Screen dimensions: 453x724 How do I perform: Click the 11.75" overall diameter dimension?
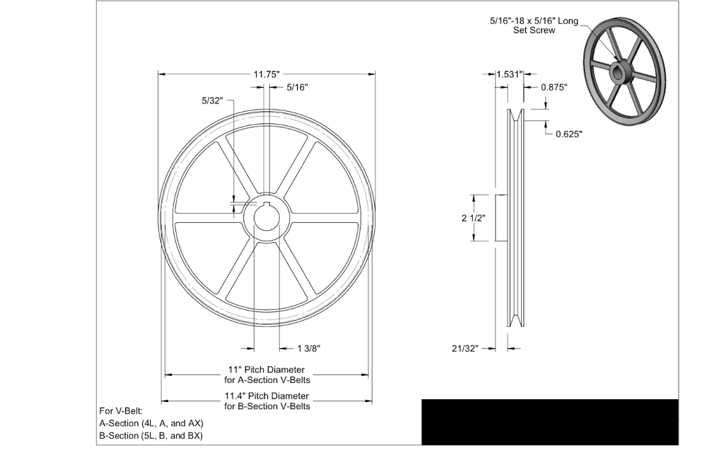point(267,74)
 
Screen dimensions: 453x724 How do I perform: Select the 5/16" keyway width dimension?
point(297,87)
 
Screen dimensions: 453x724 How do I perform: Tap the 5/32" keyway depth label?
point(212,101)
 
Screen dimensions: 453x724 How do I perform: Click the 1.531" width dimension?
point(509,74)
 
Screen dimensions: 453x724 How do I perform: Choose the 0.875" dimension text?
point(554,87)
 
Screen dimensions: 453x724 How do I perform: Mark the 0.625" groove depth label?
point(568,134)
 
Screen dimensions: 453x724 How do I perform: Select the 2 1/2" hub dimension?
point(473,218)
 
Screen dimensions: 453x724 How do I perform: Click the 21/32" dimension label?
point(465,348)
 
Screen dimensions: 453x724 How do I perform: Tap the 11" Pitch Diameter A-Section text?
point(267,374)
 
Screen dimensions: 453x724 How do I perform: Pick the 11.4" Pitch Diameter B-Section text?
point(267,401)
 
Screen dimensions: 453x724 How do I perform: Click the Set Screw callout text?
point(534,25)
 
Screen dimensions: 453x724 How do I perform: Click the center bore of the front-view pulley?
point(267,218)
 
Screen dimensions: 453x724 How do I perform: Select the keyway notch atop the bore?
point(267,205)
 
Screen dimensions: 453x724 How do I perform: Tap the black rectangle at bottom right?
point(549,422)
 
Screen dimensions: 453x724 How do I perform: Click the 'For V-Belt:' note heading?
point(121,411)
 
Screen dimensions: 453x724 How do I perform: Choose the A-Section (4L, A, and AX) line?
point(151,423)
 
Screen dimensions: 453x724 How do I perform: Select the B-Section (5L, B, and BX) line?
point(151,435)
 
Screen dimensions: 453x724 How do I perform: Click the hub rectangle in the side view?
point(501,218)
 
